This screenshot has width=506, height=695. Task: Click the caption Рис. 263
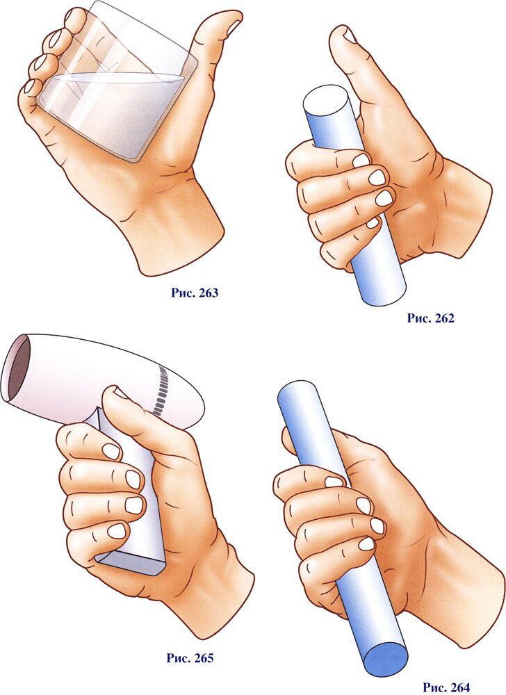coord(195,293)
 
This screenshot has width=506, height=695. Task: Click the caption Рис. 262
coord(431,318)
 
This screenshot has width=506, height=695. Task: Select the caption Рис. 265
coord(190,657)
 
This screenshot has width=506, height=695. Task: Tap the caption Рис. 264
coord(446,687)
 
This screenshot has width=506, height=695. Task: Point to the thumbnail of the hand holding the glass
coord(234,28)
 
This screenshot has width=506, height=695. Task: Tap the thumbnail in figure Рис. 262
coord(350,35)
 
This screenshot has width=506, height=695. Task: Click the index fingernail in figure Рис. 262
coord(361,161)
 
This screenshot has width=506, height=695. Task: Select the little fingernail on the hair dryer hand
coord(117,530)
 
